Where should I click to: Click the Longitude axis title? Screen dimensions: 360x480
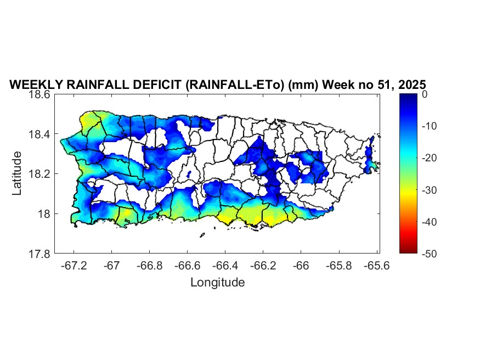coord(217,283)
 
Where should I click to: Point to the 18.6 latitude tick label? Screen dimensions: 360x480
coord(40,94)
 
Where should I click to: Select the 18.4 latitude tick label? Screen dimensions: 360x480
coord(40,134)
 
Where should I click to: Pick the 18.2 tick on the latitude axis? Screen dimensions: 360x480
coord(40,174)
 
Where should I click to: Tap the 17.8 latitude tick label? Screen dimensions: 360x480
coord(40,254)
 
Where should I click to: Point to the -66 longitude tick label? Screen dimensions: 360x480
coord(301,266)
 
